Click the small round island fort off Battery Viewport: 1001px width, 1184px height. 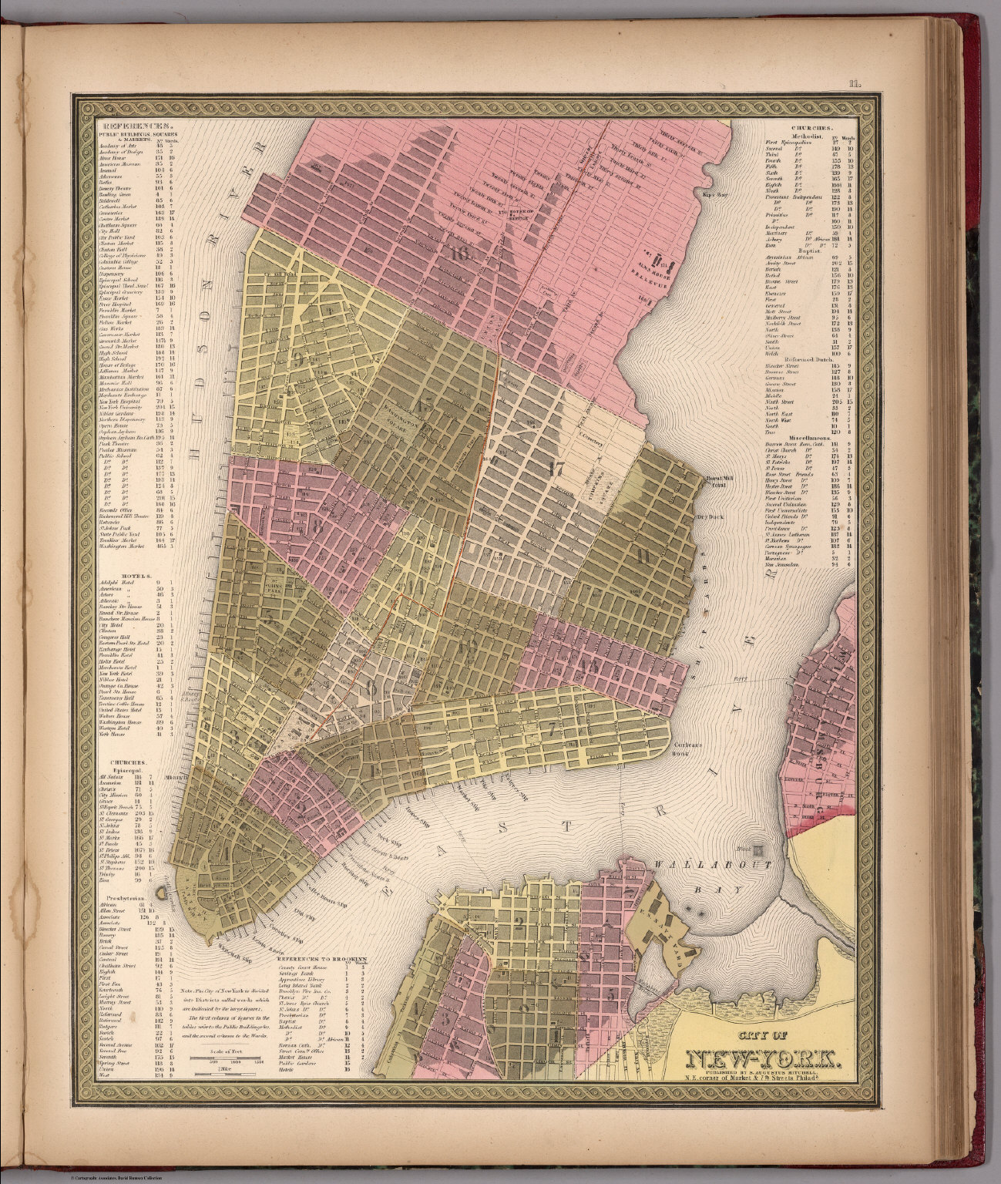[161, 893]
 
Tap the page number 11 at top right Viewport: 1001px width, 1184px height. [853, 86]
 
